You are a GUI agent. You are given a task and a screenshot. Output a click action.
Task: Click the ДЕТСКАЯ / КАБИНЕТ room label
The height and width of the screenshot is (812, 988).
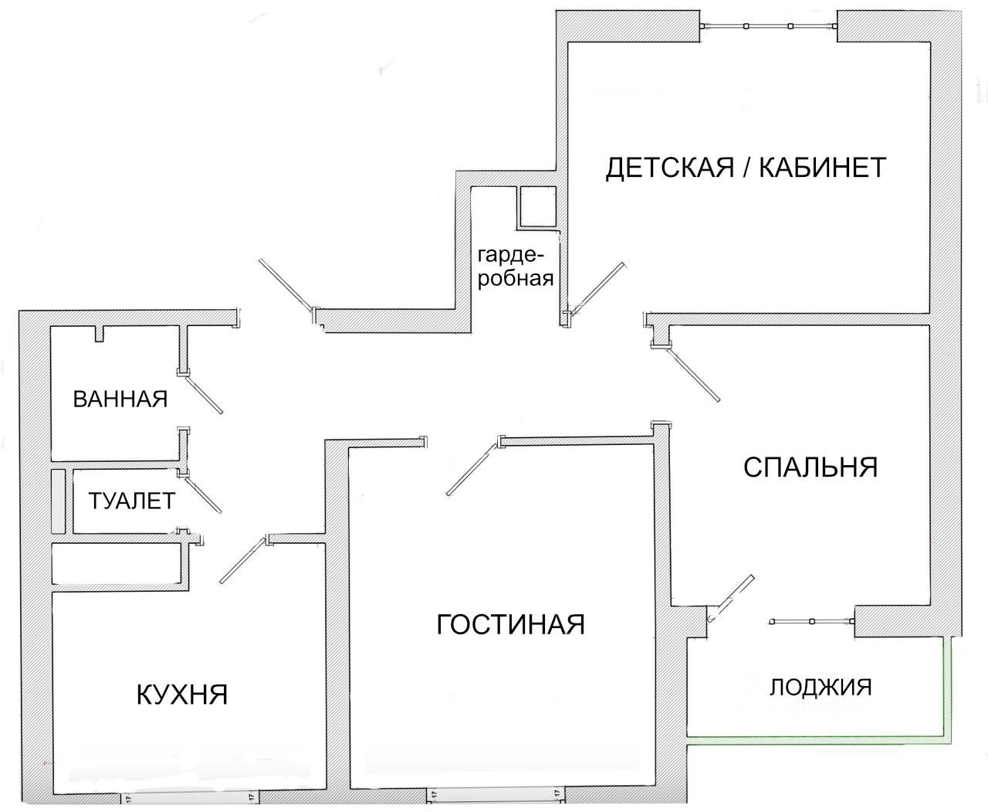[x=746, y=168]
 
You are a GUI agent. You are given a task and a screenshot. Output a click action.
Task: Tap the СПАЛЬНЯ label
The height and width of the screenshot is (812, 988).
[x=810, y=467]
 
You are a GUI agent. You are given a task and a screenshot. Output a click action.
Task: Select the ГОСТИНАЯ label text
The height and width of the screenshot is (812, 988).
[x=510, y=623]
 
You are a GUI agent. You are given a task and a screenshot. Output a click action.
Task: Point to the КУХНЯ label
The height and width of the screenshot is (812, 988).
[x=182, y=694]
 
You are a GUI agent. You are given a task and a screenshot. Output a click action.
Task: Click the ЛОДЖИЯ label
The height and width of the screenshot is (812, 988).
[x=821, y=686]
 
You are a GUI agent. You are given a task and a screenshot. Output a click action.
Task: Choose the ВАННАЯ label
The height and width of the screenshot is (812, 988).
[x=120, y=399]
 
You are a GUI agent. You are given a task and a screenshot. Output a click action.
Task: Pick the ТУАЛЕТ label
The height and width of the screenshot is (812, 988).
[x=131, y=500]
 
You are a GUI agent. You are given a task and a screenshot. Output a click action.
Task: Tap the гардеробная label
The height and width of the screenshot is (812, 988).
[x=516, y=267]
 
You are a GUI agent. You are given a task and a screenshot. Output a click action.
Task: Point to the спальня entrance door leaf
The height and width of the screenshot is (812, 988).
[x=695, y=375]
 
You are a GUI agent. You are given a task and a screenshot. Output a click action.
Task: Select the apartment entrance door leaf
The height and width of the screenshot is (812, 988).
[x=286, y=286]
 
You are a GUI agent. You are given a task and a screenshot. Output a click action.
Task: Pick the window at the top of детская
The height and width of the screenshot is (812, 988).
[x=768, y=26]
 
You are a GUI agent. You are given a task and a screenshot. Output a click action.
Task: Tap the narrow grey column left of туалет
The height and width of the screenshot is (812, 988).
[x=58, y=500]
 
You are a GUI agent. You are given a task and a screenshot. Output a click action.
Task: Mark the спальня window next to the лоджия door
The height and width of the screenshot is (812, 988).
[x=811, y=620]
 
